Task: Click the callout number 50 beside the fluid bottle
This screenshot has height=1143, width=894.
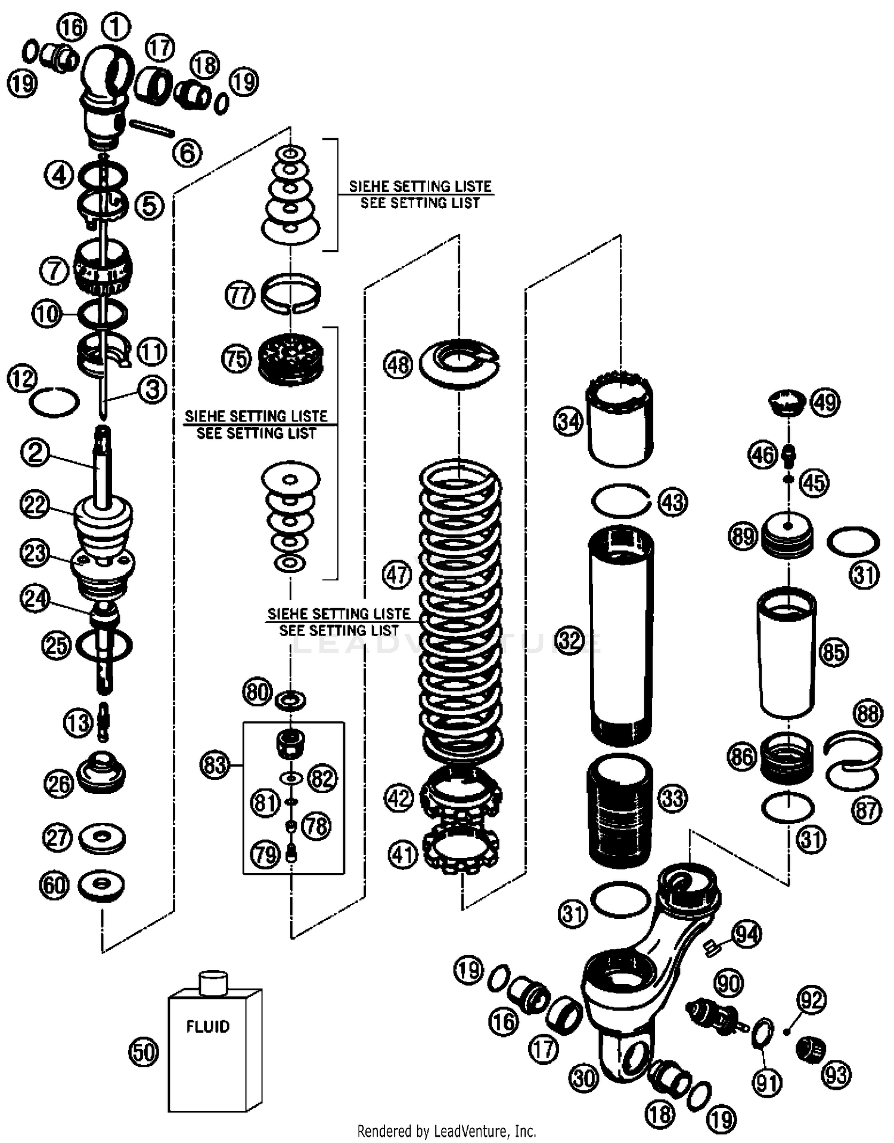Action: [x=144, y=1052]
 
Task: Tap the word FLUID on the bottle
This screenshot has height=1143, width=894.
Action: [x=207, y=1027]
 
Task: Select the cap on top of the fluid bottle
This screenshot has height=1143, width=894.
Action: [x=213, y=983]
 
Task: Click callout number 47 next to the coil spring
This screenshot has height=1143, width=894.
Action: [x=397, y=575]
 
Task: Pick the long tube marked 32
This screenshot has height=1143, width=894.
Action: [x=620, y=635]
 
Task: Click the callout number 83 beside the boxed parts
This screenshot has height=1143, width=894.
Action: [x=215, y=765]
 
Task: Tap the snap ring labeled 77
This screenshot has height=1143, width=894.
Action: [x=291, y=292]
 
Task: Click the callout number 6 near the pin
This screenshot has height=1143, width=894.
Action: [x=187, y=153]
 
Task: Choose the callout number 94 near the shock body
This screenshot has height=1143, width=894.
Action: [x=747, y=934]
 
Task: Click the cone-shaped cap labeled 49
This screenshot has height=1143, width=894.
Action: [x=785, y=402]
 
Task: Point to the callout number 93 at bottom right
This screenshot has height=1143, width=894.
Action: [x=836, y=1075]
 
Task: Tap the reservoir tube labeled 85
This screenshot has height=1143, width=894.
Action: [x=787, y=653]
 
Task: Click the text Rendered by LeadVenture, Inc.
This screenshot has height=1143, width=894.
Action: [x=446, y=1130]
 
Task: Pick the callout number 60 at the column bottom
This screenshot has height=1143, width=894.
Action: [x=54, y=885]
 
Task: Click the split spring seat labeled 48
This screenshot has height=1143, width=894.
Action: [x=459, y=363]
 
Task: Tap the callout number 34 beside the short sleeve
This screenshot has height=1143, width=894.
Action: [x=568, y=422]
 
